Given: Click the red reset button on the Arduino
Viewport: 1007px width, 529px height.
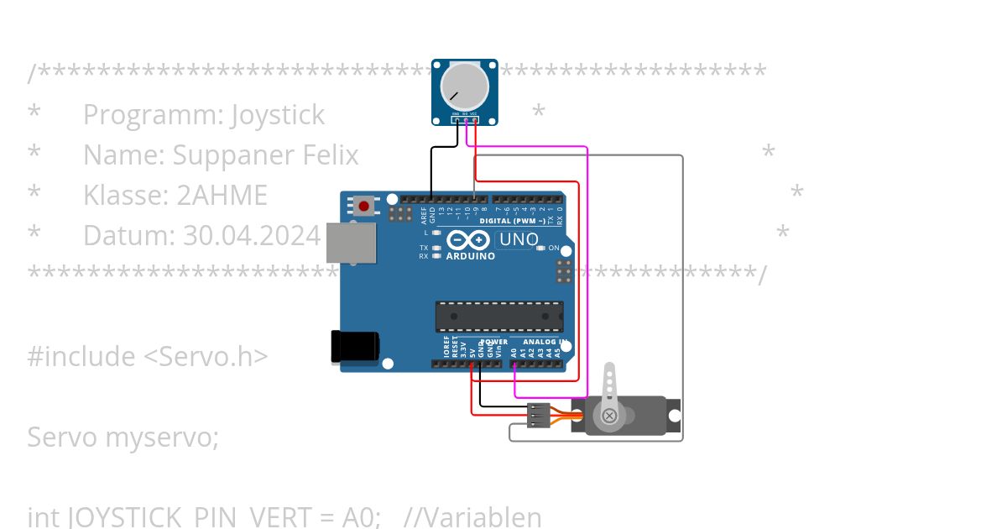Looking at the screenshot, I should (364, 206).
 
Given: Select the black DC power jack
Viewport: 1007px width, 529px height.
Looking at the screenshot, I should (355, 347).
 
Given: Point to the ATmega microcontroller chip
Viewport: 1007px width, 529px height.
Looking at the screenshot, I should (498, 317).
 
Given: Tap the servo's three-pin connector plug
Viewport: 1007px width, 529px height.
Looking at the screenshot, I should (539, 415).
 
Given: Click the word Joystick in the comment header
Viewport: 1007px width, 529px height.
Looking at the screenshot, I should (277, 115).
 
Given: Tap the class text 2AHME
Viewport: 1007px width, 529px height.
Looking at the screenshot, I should (222, 196).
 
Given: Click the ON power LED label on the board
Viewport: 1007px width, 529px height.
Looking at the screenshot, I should (554, 249).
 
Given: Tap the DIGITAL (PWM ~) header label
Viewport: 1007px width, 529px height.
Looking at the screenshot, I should (512, 221).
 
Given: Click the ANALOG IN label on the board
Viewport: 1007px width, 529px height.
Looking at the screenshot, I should (545, 343).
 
